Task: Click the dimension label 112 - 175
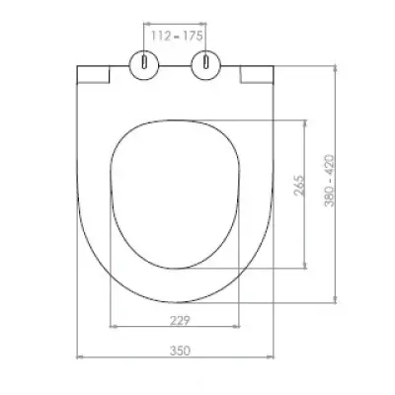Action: click(x=177, y=36)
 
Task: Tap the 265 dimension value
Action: click(x=299, y=186)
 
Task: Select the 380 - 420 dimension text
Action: click(x=330, y=181)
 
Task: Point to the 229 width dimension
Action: click(x=180, y=320)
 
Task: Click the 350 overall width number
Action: click(x=180, y=351)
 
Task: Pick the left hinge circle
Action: click(x=144, y=65)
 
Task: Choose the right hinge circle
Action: click(x=206, y=65)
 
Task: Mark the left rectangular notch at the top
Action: click(x=93, y=74)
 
